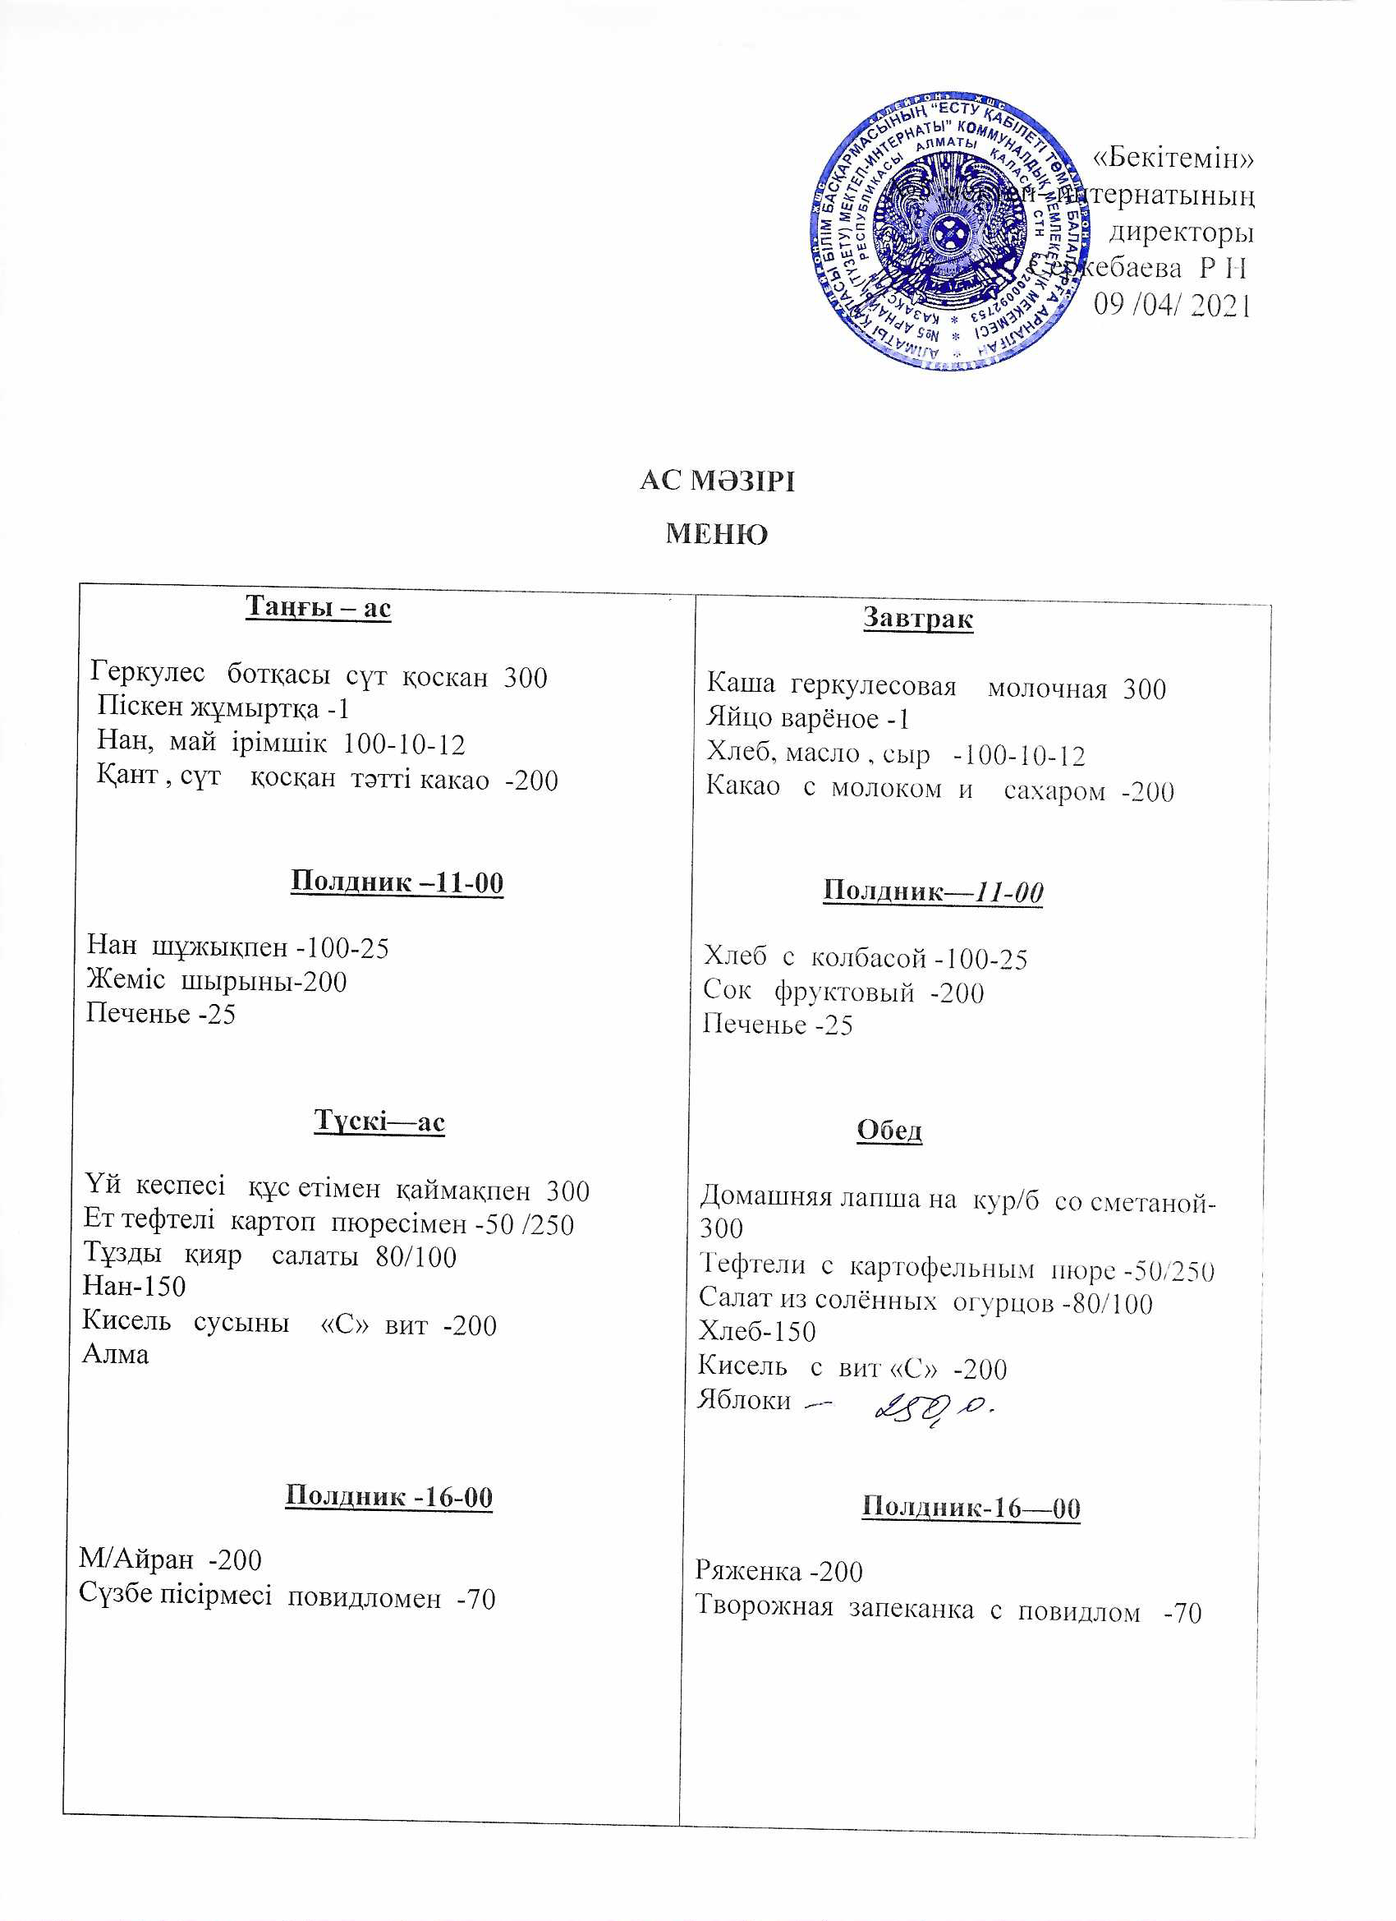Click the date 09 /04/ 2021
click(x=1172, y=304)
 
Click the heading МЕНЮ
click(x=716, y=534)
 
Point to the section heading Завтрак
click(x=918, y=619)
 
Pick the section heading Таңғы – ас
click(x=318, y=607)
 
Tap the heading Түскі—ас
click(x=379, y=1121)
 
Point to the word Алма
click(x=115, y=1354)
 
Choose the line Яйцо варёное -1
click(x=808, y=719)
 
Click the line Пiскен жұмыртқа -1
click(x=223, y=708)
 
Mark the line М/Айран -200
click(x=170, y=1559)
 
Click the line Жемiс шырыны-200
click(x=217, y=982)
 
